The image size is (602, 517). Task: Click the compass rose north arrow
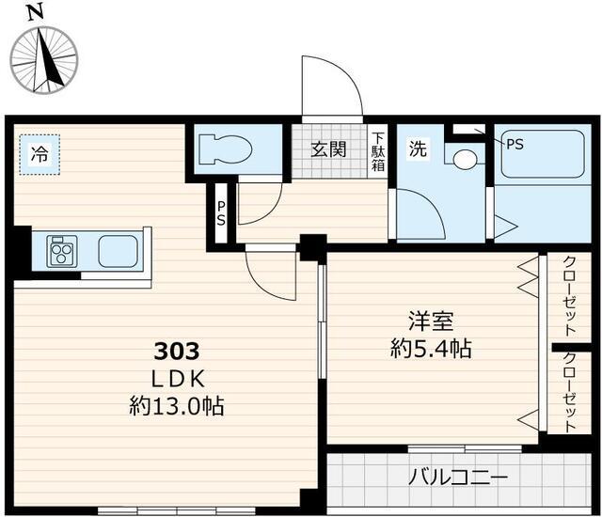(x=44, y=58)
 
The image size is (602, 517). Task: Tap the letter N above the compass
(x=35, y=12)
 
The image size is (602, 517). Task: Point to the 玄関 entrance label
(x=328, y=148)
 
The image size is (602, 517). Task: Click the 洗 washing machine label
(x=417, y=148)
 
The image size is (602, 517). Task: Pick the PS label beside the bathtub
(x=515, y=144)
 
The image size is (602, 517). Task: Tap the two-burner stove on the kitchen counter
(x=62, y=251)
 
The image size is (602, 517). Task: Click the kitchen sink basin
(x=119, y=251)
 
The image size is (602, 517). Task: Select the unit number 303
(x=177, y=352)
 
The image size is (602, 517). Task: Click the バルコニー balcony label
(x=458, y=478)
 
